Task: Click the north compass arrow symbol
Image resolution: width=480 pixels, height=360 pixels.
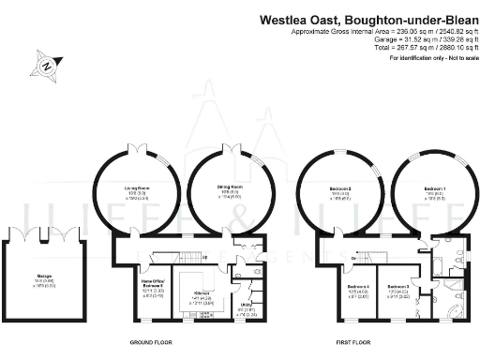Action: click(x=46, y=67)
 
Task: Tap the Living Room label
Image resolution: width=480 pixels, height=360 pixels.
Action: click(x=138, y=188)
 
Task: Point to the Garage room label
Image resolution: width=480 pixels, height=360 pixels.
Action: click(x=43, y=276)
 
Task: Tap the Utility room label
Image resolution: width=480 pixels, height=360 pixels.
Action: click(x=247, y=305)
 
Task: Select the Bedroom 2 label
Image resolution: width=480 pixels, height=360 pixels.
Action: click(x=339, y=189)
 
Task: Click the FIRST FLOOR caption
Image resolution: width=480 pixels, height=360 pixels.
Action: click(x=352, y=342)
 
